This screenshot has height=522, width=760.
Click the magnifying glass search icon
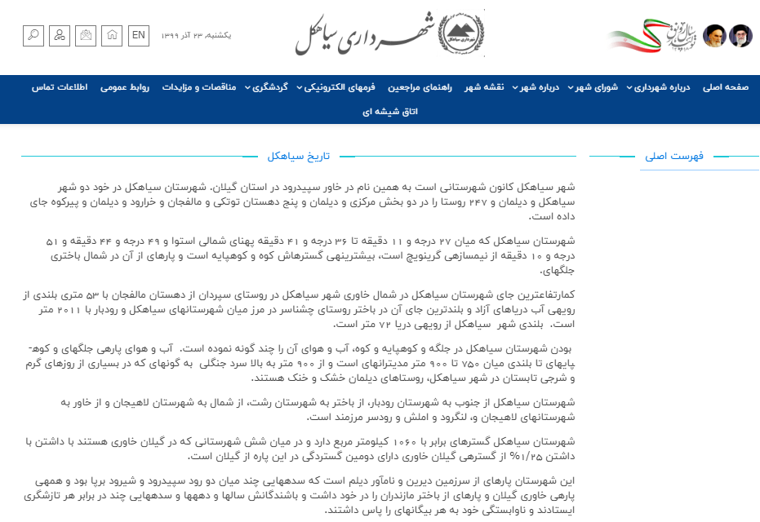(x=33, y=35)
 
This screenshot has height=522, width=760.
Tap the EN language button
(x=139, y=35)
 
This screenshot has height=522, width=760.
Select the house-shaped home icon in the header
(x=113, y=35)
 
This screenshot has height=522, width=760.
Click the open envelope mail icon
(x=87, y=35)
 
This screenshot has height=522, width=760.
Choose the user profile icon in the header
(x=60, y=35)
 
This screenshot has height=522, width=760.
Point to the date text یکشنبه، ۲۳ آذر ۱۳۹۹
(x=196, y=36)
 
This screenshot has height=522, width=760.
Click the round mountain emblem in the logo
(x=461, y=33)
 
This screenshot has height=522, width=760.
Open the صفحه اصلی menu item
(x=726, y=87)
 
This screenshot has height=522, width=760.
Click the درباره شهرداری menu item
(x=662, y=87)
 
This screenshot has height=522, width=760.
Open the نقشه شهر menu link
(x=485, y=87)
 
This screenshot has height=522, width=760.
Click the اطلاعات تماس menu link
(x=60, y=87)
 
